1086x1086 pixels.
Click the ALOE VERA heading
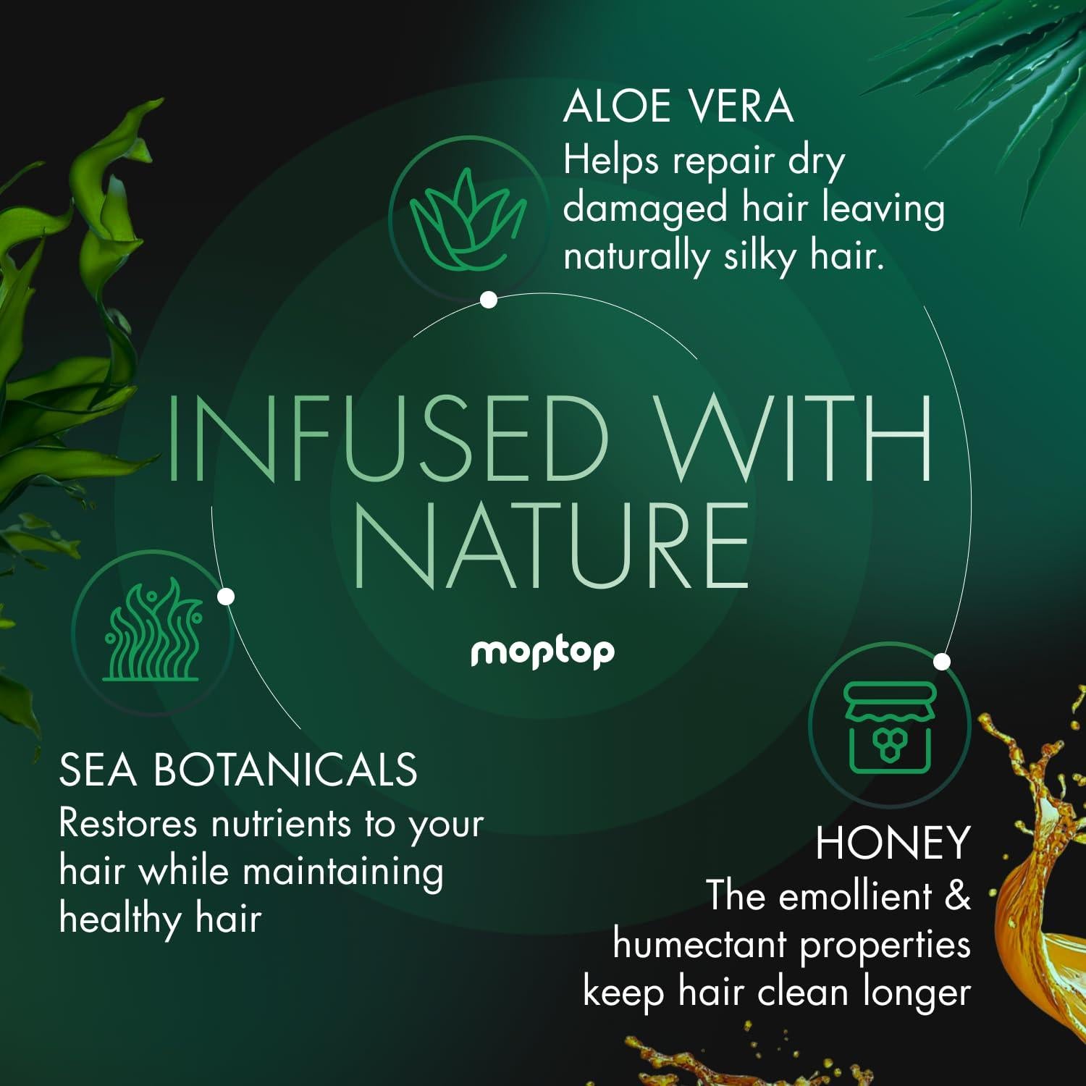click(678, 106)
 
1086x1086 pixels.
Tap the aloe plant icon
click(468, 218)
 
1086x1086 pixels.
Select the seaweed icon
click(153, 631)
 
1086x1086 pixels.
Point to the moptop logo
click(542, 653)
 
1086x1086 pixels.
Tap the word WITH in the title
click(799, 439)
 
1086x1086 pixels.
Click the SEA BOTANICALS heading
click(238, 770)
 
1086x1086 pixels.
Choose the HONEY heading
click(893, 843)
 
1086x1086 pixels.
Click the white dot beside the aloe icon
click(489, 300)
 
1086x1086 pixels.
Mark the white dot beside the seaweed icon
click(226, 597)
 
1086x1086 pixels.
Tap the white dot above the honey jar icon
click(942, 661)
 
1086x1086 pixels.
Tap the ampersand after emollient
click(957, 896)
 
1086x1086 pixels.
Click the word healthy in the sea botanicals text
click(120, 920)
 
